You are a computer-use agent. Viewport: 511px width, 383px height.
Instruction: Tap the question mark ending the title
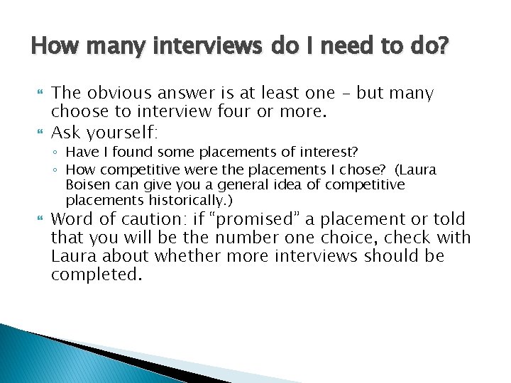[445, 48]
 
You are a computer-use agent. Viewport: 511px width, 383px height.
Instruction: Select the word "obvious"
[121, 93]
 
